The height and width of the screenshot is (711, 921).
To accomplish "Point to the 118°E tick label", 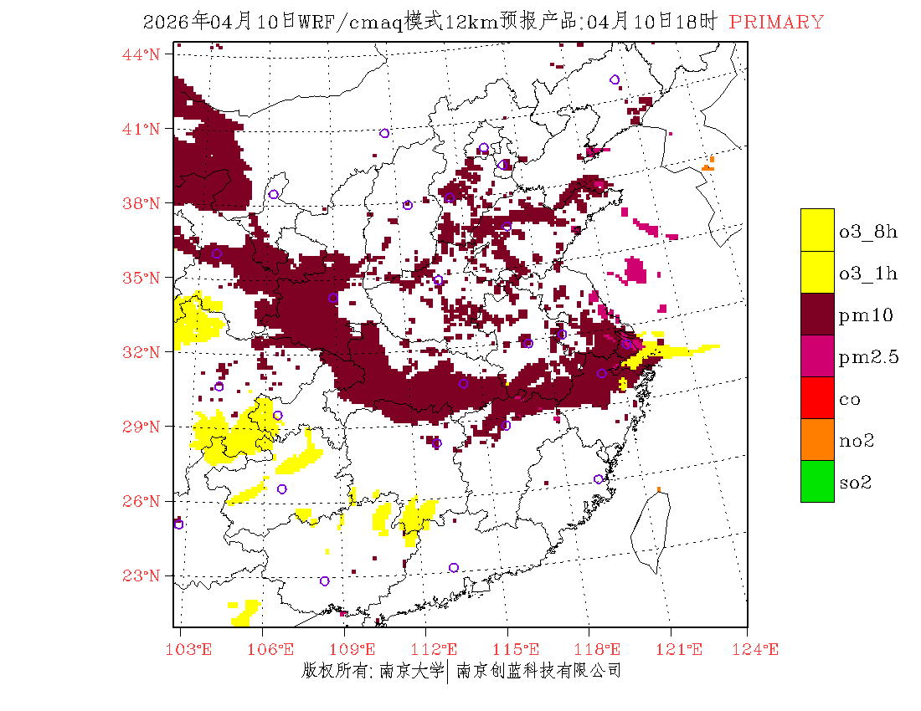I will [602, 649].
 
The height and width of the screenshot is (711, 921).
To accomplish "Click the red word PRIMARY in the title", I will [776, 23].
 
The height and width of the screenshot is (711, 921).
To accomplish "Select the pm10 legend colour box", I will [817, 314].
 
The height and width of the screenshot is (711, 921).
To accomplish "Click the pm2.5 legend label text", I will [868, 358].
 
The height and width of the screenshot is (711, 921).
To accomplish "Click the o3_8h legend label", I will [868, 232].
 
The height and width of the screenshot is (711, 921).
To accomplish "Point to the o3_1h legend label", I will [868, 274].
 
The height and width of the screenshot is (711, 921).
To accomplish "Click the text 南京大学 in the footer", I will [410, 671].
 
